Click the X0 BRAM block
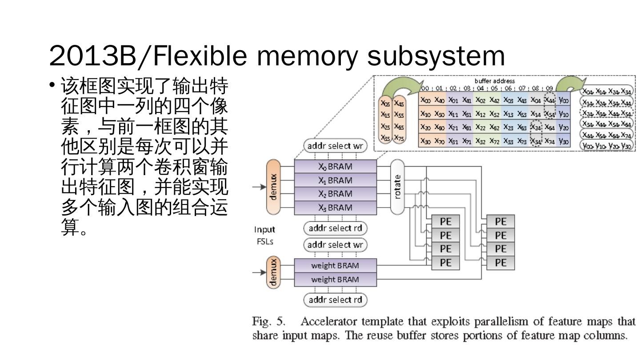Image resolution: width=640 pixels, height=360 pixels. (x=335, y=167)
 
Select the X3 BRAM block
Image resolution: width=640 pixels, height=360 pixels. (x=335, y=208)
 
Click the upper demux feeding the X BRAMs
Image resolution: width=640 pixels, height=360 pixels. (x=274, y=186)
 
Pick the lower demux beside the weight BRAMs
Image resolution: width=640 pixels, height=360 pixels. (x=274, y=272)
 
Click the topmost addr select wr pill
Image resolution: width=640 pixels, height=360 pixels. (x=335, y=146)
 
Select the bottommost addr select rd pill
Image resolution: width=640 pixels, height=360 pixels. (x=335, y=300)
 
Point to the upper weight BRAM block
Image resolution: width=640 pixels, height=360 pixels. (x=335, y=265)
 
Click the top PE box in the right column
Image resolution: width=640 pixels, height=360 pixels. (x=500, y=221)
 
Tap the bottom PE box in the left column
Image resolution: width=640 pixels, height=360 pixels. (x=445, y=263)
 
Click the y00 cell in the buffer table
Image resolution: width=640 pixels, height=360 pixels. (x=564, y=100)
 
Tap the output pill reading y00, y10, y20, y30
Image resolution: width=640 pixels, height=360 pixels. (x=608, y=145)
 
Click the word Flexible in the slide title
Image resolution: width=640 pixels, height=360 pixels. (x=204, y=56)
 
